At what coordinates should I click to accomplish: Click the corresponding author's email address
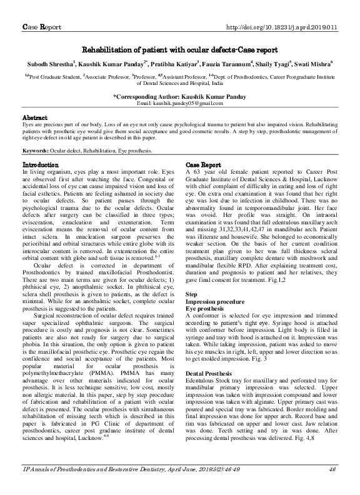[180, 102]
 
